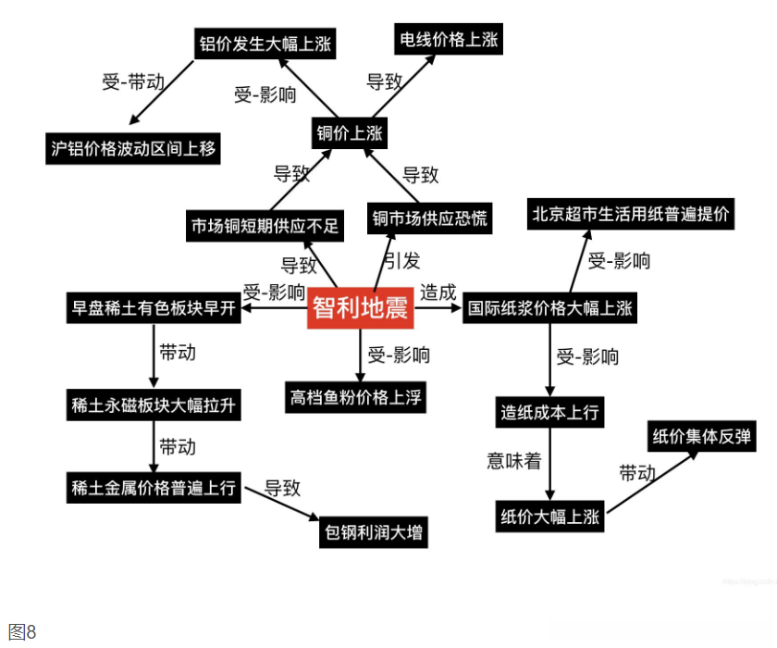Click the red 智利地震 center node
coord(360,308)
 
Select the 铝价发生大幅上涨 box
coord(265,44)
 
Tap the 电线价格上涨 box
coord(449,39)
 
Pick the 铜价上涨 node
coord(349,132)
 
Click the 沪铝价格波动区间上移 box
coord(133,148)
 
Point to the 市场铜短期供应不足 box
coord(265,225)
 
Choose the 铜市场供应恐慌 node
coord(429,219)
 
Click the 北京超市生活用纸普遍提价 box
coord(631,215)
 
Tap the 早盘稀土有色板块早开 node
coord(154,308)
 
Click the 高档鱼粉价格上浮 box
coord(356,397)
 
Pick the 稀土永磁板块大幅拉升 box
coord(154,405)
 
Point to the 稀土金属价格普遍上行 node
coord(154,488)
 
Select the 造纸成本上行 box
coord(549,413)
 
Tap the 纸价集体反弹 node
coord(702,437)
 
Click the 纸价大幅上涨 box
coord(549,517)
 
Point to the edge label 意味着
coord(513,461)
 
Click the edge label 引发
coord(401,261)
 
